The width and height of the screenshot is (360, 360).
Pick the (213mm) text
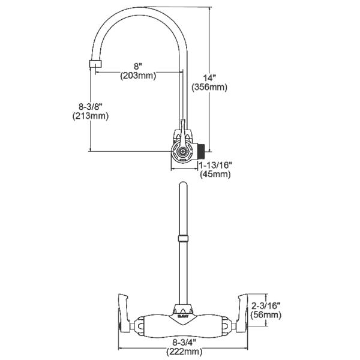click(72, 116)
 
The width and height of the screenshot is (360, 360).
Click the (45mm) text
click(215, 174)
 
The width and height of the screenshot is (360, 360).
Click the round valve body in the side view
click(182, 150)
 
